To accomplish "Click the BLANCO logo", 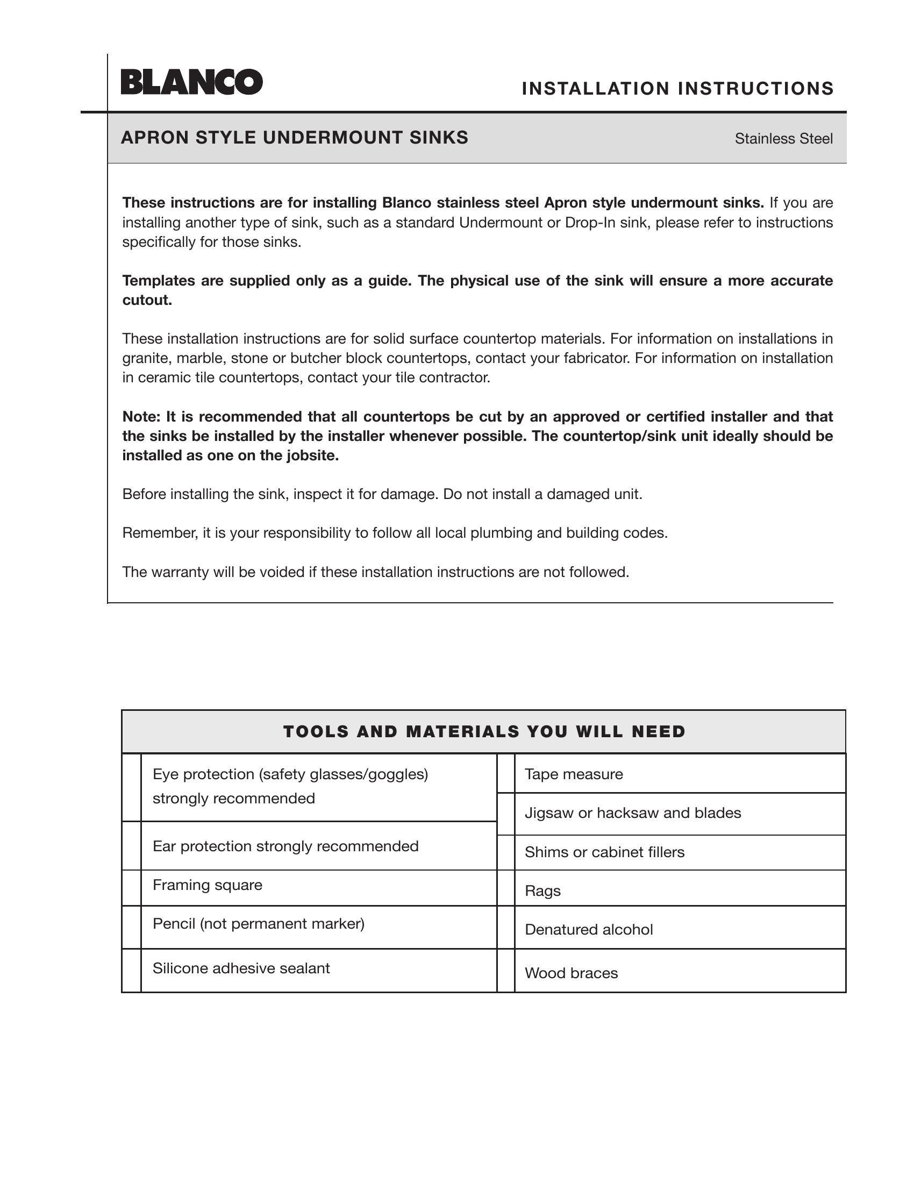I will [x=192, y=82].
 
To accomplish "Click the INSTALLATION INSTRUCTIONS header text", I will [x=677, y=88].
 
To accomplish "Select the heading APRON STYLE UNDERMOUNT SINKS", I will [x=295, y=138].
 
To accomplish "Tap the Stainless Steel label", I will [x=783, y=139].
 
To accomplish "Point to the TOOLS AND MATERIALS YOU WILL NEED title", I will [x=484, y=732].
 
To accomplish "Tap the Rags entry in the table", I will [x=542, y=891].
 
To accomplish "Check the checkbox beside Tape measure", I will [x=506, y=773].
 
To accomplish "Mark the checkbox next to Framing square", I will [x=132, y=888].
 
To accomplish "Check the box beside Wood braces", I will [x=506, y=971].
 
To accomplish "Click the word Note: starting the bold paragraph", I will [x=141, y=417].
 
